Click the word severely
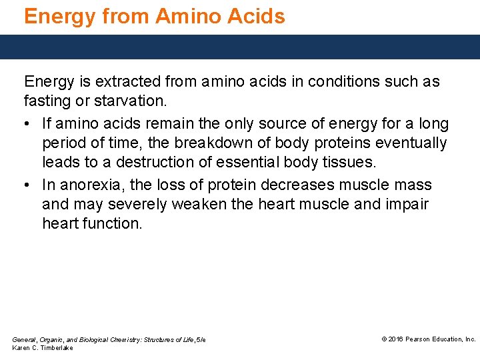click(137, 204)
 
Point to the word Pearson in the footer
click(421, 339)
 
